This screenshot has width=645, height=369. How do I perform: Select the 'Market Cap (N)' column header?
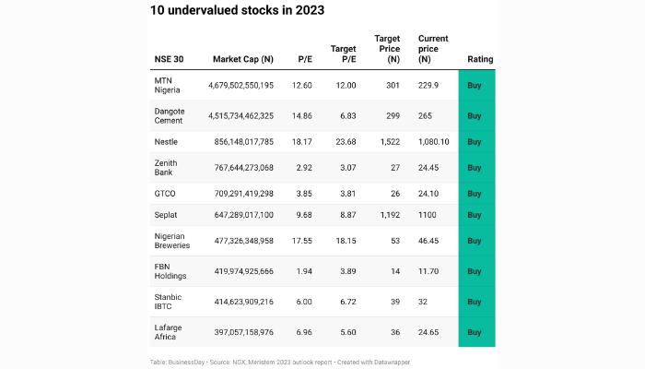(242, 59)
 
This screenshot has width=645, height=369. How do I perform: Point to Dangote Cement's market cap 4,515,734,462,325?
(240, 116)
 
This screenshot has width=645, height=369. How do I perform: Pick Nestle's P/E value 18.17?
(301, 142)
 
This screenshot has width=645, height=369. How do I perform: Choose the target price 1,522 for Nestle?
(387, 142)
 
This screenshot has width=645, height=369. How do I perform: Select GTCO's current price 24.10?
(431, 194)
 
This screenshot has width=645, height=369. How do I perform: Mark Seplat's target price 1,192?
(387, 215)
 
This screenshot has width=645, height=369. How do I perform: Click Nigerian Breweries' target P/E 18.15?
(344, 240)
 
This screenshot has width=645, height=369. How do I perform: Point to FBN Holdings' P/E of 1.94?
(301, 271)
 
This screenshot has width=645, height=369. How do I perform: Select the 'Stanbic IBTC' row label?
(168, 302)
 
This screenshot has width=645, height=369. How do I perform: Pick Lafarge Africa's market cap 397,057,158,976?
(240, 332)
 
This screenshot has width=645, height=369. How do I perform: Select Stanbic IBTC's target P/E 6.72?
(344, 302)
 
